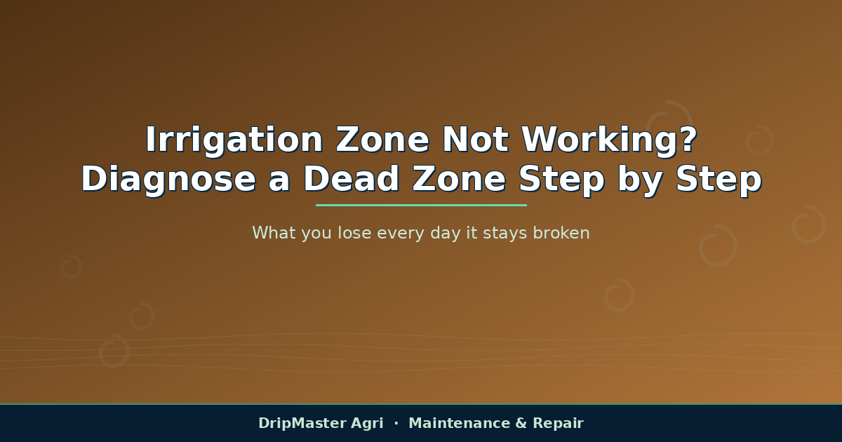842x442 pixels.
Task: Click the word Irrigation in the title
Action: [234, 140]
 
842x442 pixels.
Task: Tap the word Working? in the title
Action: [610, 140]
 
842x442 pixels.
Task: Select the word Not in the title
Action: [476, 140]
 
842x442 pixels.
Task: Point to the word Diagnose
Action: [168, 180]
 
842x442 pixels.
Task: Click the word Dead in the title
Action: [351, 179]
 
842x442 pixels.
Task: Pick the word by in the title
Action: [640, 180]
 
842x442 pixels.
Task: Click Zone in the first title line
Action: [382, 140]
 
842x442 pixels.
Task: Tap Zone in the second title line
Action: [459, 179]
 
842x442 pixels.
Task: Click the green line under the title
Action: [421, 205]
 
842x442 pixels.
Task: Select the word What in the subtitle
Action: [274, 233]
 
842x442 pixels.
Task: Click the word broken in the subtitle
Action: [561, 233]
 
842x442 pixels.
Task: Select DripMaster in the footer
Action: [302, 424]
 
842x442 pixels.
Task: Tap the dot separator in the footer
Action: [396, 424]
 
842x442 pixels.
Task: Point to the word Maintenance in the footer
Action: [460, 423]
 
